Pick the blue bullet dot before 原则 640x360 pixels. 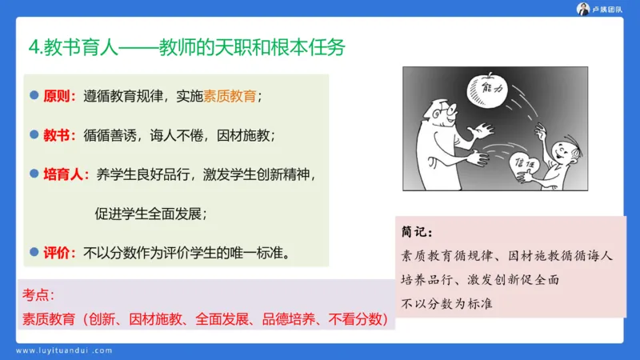click(34, 95)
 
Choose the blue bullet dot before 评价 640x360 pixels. click(34, 251)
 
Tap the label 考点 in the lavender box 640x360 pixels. click(38, 295)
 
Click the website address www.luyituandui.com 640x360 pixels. click(65, 350)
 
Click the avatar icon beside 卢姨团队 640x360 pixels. click(583, 9)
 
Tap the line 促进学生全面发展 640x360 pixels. click(151, 214)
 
